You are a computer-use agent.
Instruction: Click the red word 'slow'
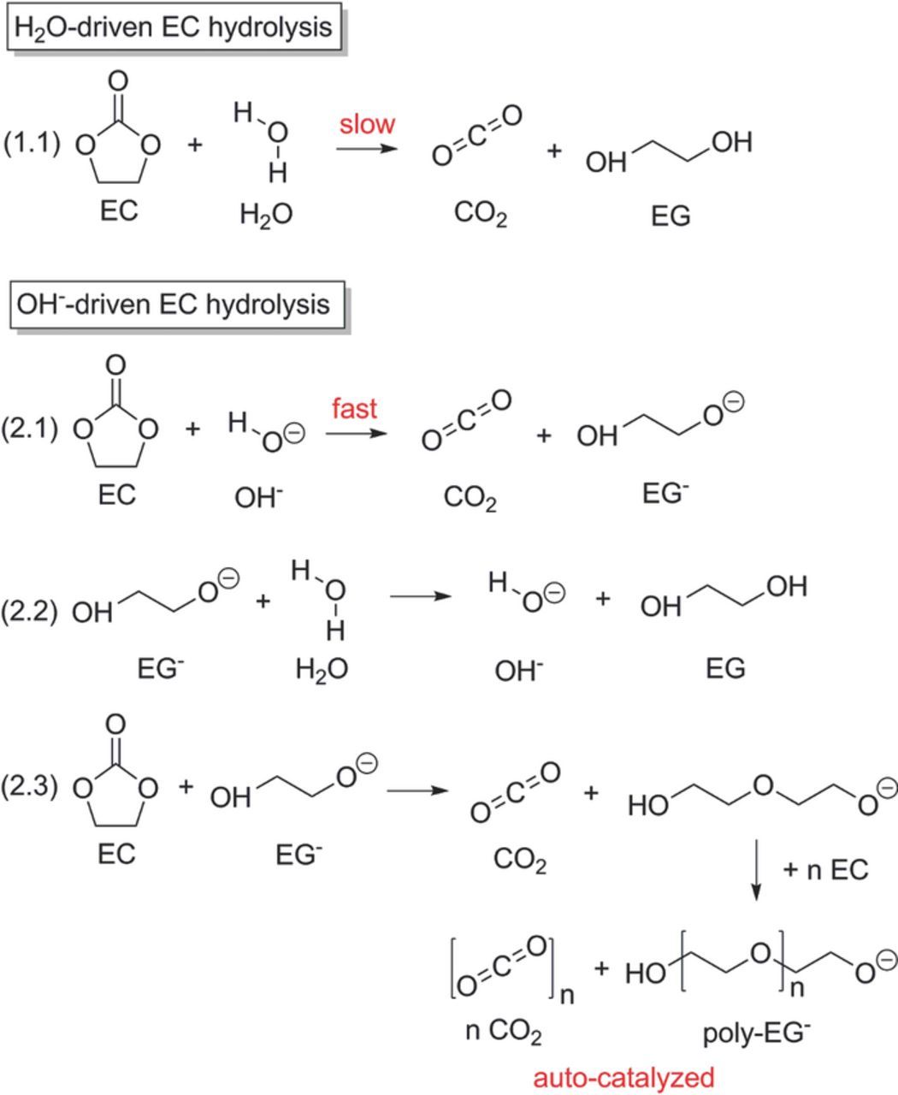pyautogui.click(x=367, y=125)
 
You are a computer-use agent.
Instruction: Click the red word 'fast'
pyautogui.click(x=355, y=408)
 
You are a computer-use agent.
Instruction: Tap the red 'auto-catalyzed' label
pyautogui.click(x=624, y=1078)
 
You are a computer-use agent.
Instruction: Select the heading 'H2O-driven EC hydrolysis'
pyautogui.click(x=174, y=27)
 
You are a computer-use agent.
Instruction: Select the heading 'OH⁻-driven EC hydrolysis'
pyautogui.click(x=174, y=305)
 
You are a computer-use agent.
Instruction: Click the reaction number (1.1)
pyautogui.click(x=32, y=143)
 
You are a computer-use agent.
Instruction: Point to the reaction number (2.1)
pyautogui.click(x=30, y=429)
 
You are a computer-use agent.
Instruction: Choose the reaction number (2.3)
pyautogui.click(x=30, y=786)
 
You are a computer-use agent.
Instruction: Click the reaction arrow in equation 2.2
pyautogui.click(x=421, y=596)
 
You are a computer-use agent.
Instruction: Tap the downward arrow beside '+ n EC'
pyautogui.click(x=756, y=870)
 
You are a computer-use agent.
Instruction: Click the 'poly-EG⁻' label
pyautogui.click(x=756, y=1033)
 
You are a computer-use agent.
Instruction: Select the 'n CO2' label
pyautogui.click(x=504, y=1031)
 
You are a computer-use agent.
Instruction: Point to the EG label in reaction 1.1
pyautogui.click(x=671, y=216)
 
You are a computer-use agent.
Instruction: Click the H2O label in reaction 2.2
pyautogui.click(x=322, y=669)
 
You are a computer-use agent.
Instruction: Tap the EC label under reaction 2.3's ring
pyautogui.click(x=117, y=854)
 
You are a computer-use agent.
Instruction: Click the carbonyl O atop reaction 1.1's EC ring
pyautogui.click(x=118, y=81)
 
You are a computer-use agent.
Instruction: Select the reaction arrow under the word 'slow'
pyautogui.click(x=367, y=149)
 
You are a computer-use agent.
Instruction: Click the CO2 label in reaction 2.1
pyautogui.click(x=470, y=498)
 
